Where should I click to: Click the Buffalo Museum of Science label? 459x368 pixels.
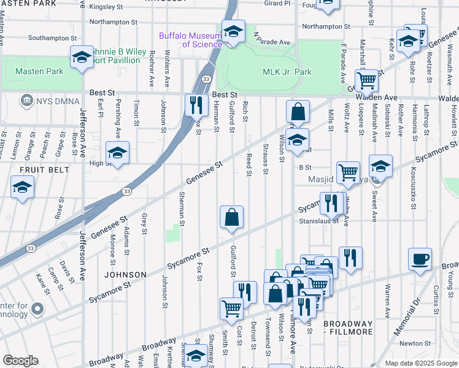(190, 40)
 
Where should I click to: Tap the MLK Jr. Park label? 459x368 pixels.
(287, 72)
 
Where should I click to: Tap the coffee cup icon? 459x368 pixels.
(420, 259)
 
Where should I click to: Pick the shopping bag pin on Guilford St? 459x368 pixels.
(231, 217)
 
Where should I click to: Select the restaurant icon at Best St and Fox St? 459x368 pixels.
(196, 105)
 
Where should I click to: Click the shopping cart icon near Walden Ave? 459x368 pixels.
(366, 79)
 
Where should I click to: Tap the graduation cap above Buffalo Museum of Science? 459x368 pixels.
(233, 31)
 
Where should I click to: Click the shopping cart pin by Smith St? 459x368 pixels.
(231, 308)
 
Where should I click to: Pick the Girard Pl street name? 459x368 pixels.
(277, 3)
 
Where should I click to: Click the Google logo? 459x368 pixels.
(20, 361)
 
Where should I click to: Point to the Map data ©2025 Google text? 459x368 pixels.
(421, 363)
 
